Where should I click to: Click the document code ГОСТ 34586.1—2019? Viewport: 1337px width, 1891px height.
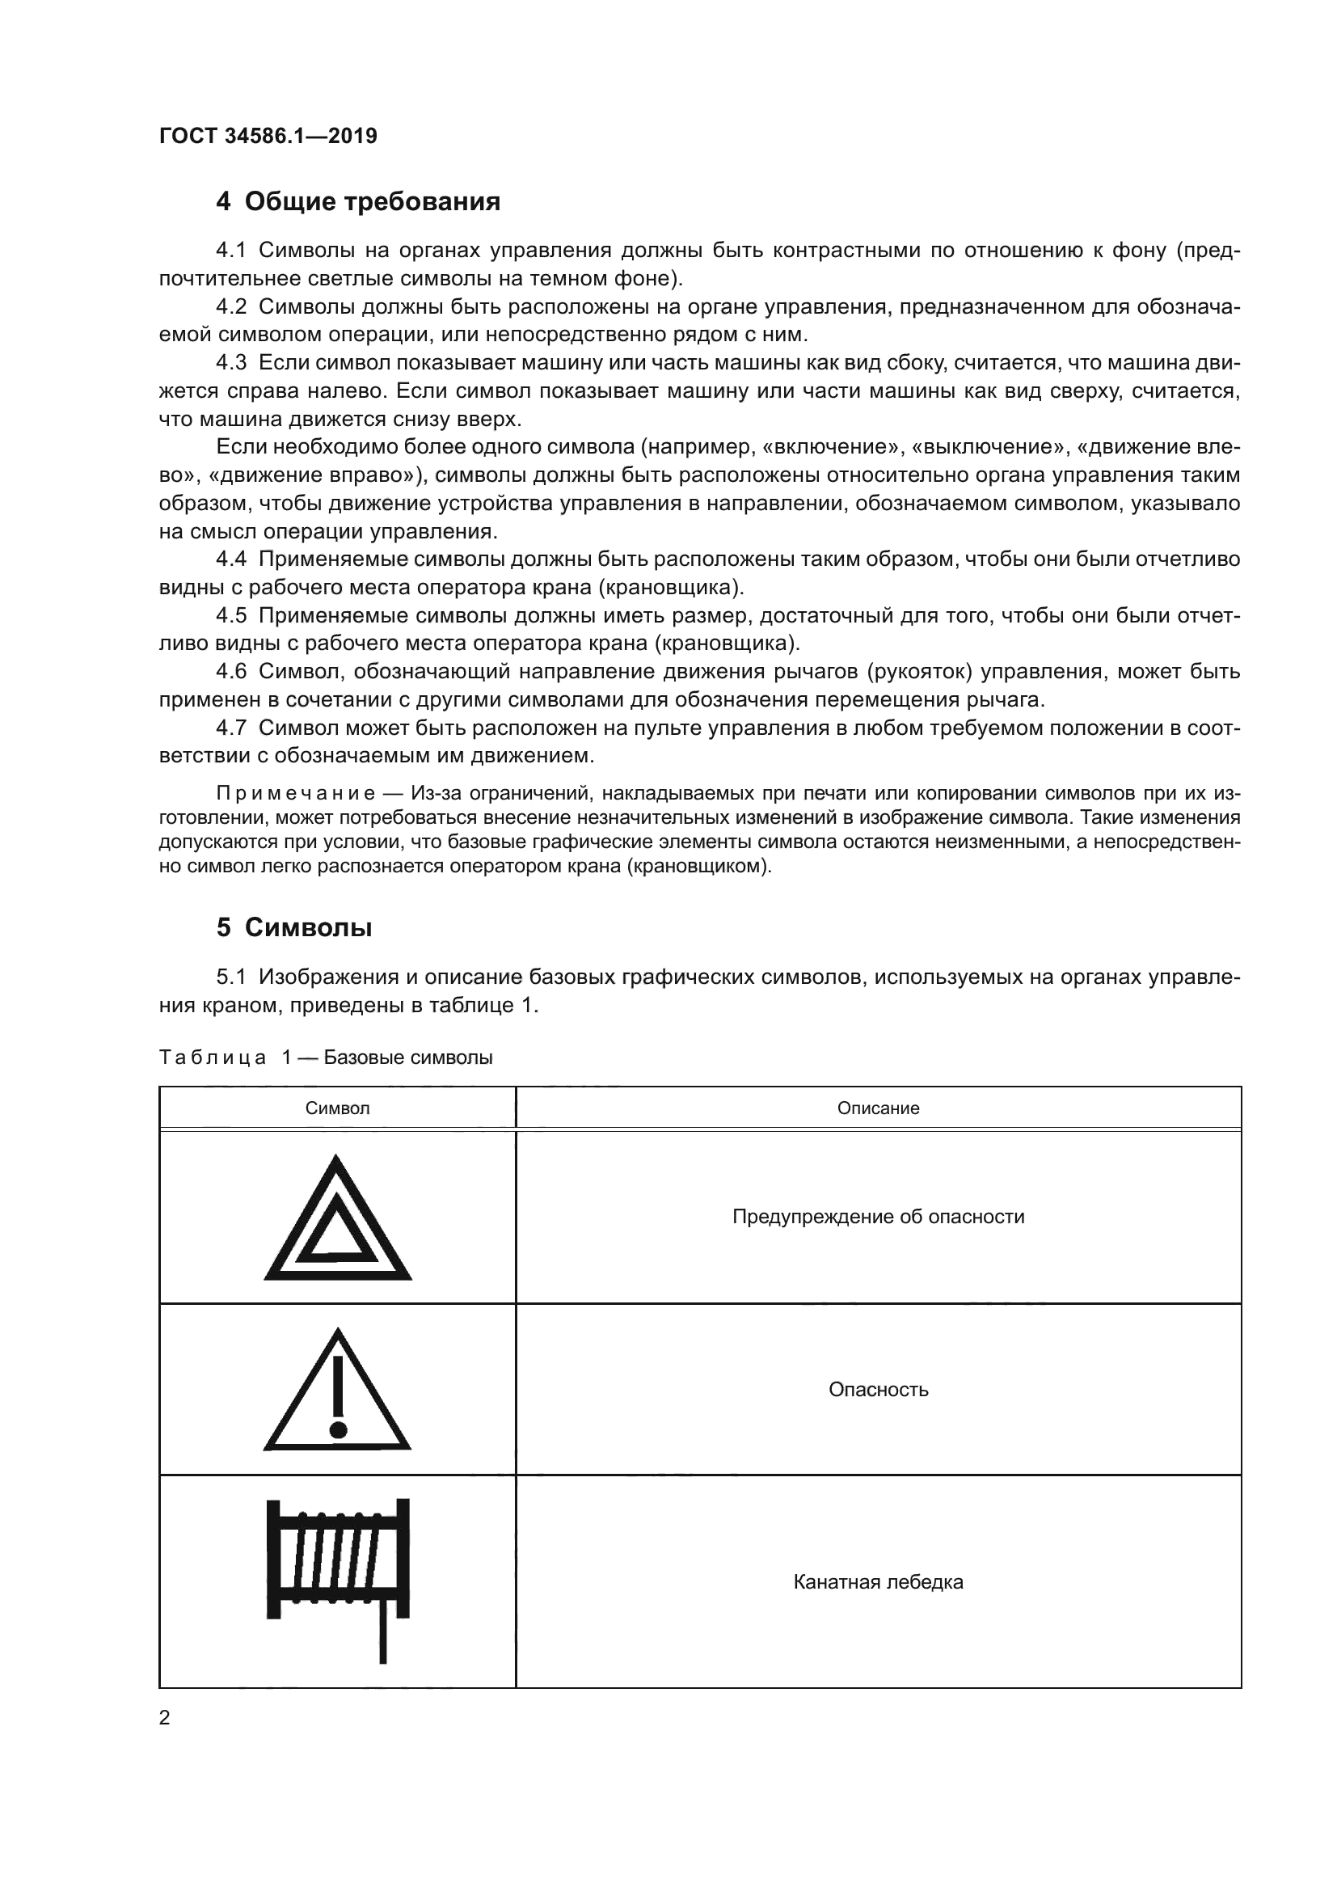tap(268, 136)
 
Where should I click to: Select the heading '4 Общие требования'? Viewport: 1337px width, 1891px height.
tap(358, 201)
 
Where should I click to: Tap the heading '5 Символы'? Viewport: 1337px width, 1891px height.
tap(294, 927)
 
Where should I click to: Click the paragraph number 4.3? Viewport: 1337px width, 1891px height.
tap(230, 362)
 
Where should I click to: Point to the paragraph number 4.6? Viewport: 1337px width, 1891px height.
tap(230, 671)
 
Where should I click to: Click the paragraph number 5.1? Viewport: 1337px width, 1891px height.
tap(230, 977)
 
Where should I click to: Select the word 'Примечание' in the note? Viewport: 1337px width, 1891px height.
tap(296, 793)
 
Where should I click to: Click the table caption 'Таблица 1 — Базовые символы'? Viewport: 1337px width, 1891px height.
tap(325, 1057)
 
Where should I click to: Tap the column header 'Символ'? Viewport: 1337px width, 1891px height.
tap(338, 1108)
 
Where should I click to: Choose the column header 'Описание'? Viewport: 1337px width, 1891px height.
tap(878, 1108)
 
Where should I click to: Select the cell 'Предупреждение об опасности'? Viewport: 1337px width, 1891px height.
tap(878, 1217)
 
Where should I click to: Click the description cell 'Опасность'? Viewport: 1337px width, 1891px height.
tap(878, 1390)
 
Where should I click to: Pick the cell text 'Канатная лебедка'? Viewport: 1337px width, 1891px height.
tap(878, 1582)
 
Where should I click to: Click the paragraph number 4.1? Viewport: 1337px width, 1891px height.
tap(230, 251)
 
